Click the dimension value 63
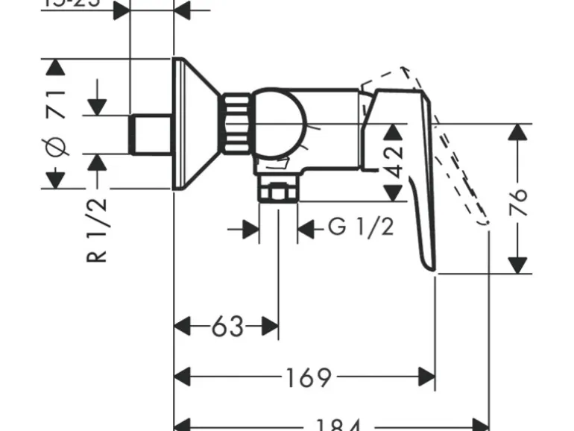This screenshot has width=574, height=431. click(x=227, y=327)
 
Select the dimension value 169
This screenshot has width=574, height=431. click(x=307, y=377)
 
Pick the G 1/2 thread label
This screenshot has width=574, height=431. click(x=360, y=227)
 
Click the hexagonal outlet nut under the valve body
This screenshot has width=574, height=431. click(x=277, y=193)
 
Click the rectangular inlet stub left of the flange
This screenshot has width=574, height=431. click(x=152, y=134)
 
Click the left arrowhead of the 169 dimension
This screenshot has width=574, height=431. click(x=183, y=377)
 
